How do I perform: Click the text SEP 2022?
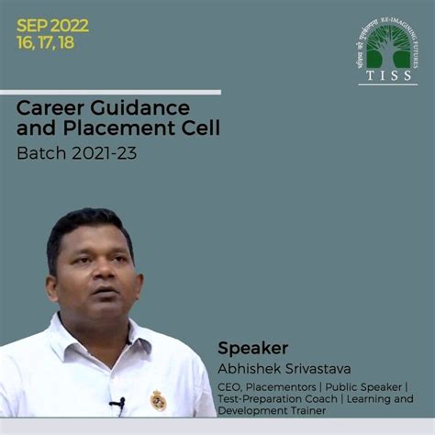pos(52,25)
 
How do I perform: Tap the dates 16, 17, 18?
pos(45,42)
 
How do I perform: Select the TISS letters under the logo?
pos(387,76)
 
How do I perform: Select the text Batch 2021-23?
pos(76,152)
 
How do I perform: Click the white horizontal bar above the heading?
pos(110,92)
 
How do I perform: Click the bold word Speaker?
pos(252,348)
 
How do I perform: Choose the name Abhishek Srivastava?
pos(279,368)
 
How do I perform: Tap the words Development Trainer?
pos(272,423)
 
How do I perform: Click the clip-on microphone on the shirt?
pos(117,403)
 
